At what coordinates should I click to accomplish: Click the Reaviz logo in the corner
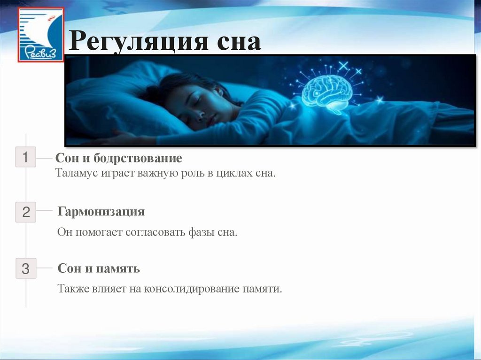[40, 35]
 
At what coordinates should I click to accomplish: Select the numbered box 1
[26, 157]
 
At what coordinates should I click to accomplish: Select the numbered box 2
[26, 212]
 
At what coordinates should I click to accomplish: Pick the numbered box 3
[26, 269]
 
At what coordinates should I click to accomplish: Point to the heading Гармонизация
[101, 212]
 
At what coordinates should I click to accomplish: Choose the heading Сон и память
[99, 269]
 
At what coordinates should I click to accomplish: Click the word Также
[72, 289]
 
